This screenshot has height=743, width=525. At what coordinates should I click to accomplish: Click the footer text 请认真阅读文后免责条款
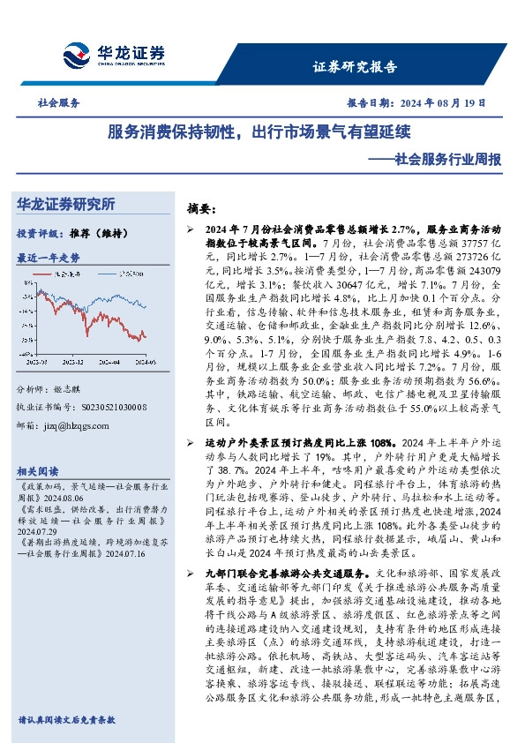tap(66, 720)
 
